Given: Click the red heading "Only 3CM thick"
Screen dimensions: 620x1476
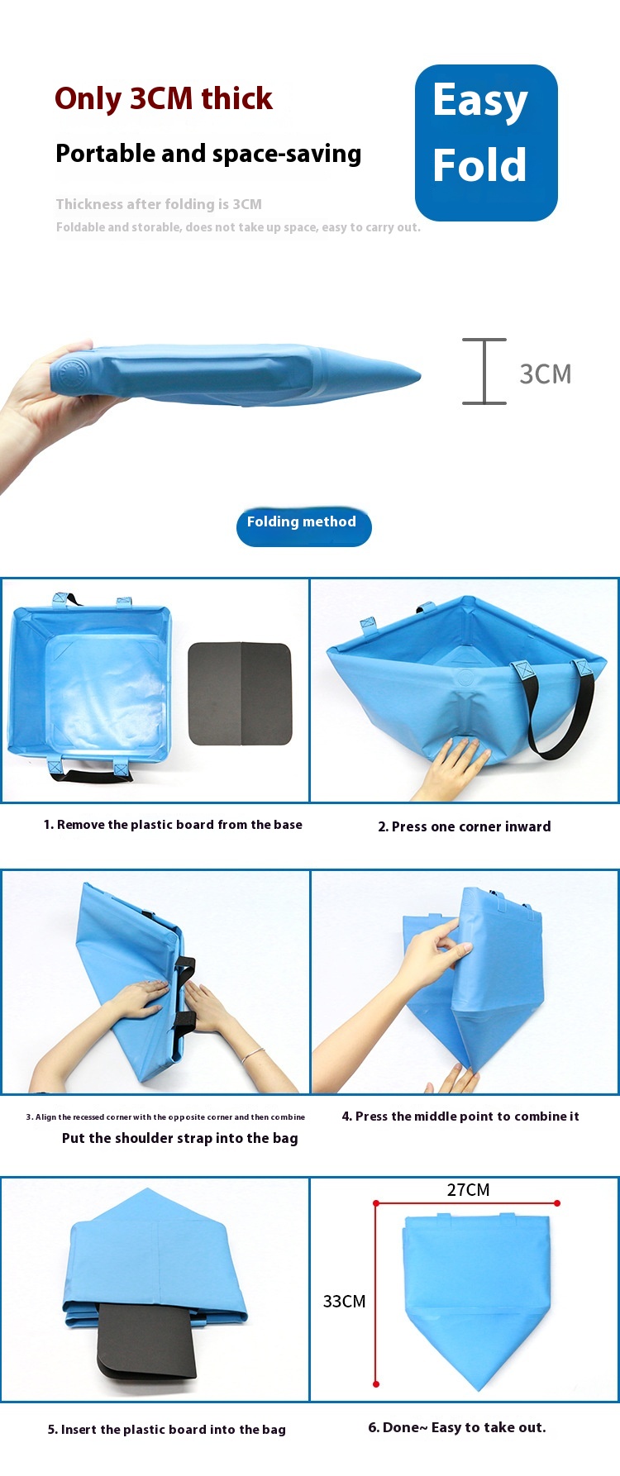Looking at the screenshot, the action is point(164,98).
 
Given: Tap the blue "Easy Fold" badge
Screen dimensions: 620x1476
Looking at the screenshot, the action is point(486,143).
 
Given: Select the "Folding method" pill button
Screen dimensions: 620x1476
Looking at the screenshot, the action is point(303,526).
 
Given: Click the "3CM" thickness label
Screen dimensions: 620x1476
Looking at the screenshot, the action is point(546,374).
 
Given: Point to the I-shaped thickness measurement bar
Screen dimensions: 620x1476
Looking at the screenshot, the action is point(484,371).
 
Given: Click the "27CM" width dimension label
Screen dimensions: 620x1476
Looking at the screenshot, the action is point(468,1189).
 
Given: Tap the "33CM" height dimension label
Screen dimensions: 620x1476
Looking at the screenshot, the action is point(344,1301).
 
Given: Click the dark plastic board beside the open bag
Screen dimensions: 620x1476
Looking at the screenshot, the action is point(240,693).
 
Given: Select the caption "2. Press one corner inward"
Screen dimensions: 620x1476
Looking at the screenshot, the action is point(465,826).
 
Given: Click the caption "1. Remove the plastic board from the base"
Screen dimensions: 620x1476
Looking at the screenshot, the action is point(173,824).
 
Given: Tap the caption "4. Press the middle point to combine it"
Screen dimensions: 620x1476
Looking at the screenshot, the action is point(460,1116).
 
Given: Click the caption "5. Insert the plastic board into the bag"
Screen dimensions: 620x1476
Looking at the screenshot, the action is point(167,1429).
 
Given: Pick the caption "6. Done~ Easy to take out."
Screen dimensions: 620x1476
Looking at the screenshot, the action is point(457,1427).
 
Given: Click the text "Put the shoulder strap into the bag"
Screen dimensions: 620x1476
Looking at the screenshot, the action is point(180,1138).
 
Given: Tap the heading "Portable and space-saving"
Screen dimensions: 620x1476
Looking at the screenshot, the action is point(208,154).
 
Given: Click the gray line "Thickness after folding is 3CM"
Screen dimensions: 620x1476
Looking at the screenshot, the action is point(159,204).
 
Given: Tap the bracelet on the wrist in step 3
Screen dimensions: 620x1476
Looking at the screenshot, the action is point(253,1055).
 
